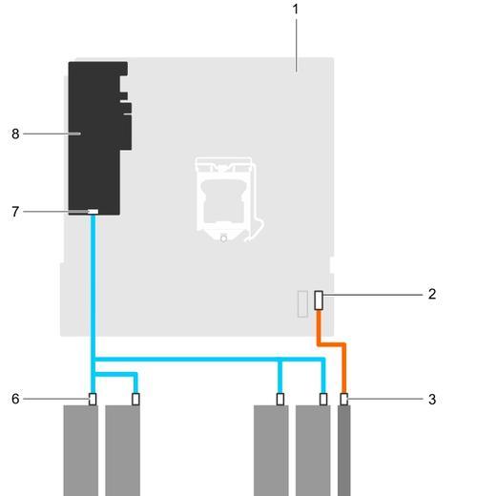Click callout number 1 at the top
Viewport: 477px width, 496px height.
(296, 10)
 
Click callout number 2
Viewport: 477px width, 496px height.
(431, 294)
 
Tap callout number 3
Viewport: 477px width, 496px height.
(432, 399)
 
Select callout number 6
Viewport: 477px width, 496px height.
(15, 399)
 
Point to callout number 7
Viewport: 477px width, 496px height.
(15, 212)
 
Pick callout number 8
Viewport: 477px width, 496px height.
(15, 134)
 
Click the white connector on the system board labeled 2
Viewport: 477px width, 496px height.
(319, 300)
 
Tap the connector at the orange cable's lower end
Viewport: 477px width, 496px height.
(343, 399)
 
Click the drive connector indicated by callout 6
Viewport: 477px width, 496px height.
(93, 399)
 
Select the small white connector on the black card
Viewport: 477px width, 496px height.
(93, 212)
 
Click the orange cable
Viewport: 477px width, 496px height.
(331, 344)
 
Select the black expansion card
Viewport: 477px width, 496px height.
(99, 138)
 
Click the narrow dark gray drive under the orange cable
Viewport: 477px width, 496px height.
(344, 450)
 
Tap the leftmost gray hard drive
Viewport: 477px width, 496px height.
(81, 450)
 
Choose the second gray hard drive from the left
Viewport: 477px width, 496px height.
(123, 450)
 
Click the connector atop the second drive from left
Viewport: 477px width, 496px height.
(135, 399)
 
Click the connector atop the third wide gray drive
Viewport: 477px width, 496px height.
(280, 399)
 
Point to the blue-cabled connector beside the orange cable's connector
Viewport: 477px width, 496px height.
(323, 399)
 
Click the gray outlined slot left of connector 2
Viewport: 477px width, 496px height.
(302, 303)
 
